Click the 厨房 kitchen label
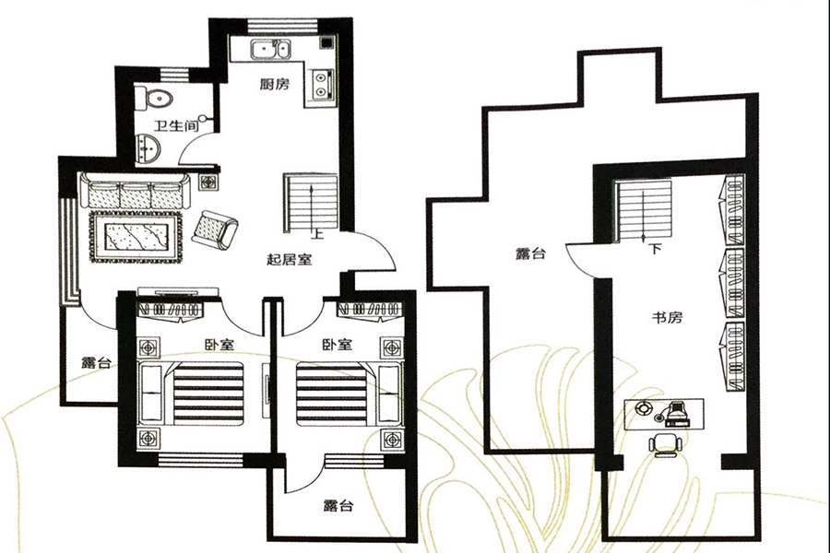click(275, 85)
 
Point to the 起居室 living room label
click(289, 260)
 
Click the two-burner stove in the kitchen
click(323, 83)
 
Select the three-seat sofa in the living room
click(135, 192)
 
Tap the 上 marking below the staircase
click(317, 234)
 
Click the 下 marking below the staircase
click(656, 250)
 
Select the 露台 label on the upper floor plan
click(530, 254)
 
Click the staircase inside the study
click(644, 209)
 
